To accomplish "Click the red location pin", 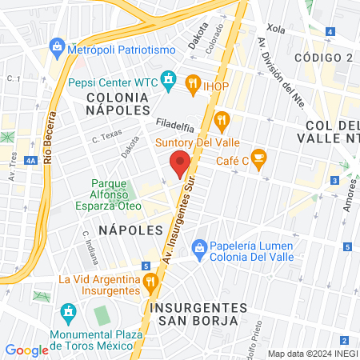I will point(181,162).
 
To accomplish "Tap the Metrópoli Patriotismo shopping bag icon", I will point(58,49).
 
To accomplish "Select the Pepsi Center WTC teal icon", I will point(168,80).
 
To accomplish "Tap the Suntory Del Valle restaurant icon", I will point(222,122).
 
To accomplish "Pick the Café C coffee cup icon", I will point(258,158).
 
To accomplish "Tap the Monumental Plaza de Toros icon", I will point(67,311).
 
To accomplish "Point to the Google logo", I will point(26,350).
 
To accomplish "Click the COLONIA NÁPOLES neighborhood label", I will point(117,102).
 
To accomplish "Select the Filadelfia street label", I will point(177,126).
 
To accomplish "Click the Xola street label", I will point(275,29).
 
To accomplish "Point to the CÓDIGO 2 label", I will point(323,58).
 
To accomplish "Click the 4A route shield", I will point(30,161).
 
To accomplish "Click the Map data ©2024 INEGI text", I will point(312,354).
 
